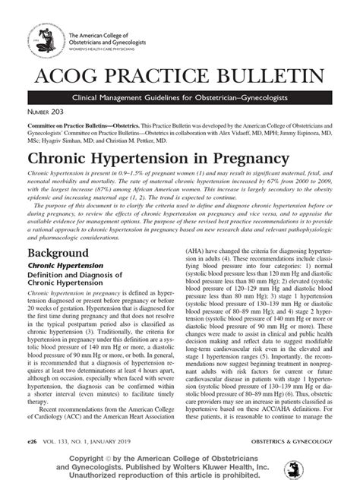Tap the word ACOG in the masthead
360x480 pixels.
point(68,76)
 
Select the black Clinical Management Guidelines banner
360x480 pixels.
point(179,100)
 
